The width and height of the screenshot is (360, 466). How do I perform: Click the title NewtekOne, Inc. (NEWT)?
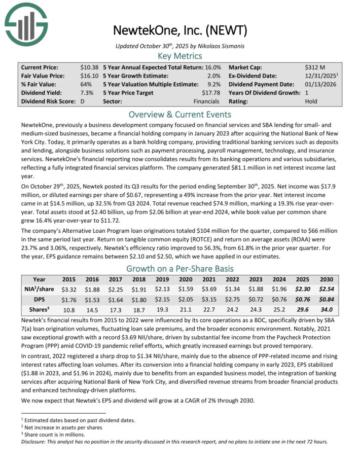(180, 31)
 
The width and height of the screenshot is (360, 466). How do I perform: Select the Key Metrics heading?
(180, 56)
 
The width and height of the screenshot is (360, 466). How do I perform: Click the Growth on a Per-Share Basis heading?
(180, 268)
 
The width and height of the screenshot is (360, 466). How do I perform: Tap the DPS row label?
(39, 299)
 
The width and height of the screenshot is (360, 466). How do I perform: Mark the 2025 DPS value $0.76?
(301, 299)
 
